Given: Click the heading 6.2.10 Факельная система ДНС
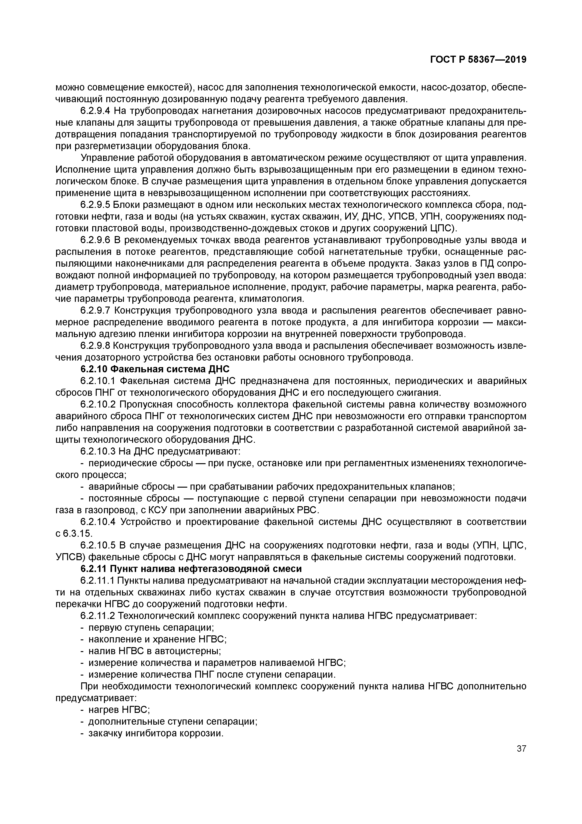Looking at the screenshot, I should [155, 369].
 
